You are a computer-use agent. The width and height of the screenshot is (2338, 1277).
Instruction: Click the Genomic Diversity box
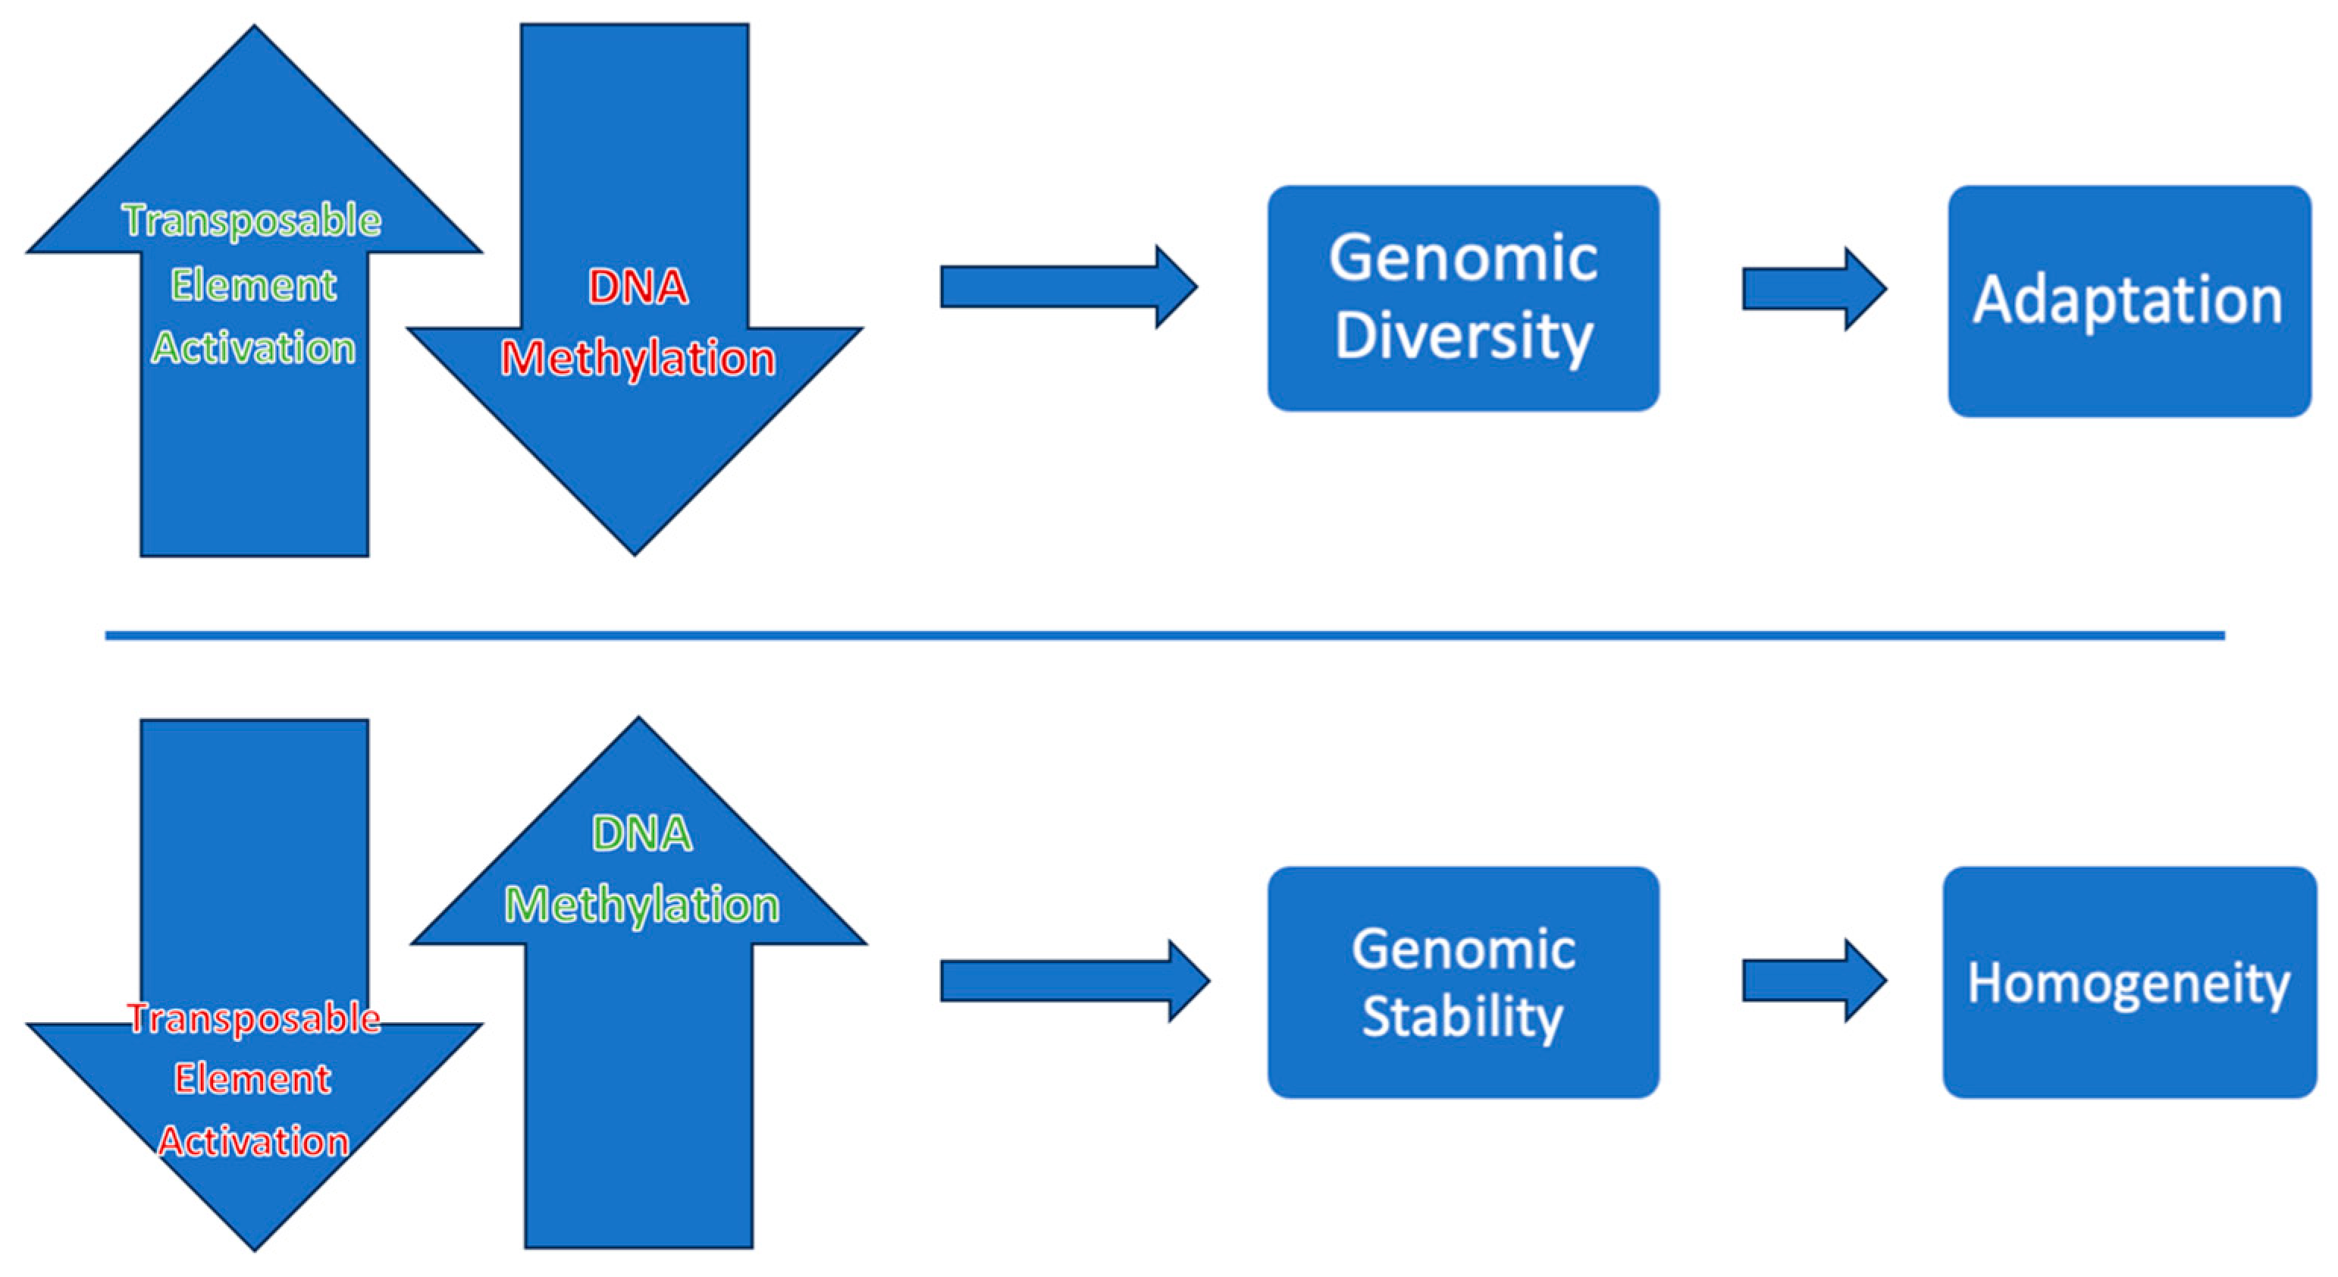pos(1463,298)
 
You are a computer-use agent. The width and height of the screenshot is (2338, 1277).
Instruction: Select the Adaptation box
pos(2128,300)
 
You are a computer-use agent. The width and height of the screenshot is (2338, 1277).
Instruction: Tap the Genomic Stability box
pos(1463,982)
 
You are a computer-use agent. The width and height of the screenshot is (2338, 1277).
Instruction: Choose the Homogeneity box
pos(2128,982)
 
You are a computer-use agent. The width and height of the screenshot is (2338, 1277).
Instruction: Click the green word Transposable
pos(252,221)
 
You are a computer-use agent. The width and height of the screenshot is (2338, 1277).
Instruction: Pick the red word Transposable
pos(253,1018)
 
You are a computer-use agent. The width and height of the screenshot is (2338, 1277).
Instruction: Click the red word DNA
pos(638,287)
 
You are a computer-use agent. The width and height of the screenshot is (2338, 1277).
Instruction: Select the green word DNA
pos(641,833)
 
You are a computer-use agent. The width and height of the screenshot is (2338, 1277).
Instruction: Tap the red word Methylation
pos(638,358)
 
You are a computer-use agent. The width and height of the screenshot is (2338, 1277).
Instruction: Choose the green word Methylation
pos(641,905)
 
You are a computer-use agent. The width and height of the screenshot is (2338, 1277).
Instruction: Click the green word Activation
pos(253,347)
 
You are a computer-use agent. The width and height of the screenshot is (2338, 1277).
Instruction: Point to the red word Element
pos(253,1079)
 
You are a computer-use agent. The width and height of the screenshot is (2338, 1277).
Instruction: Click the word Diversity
pos(1463,336)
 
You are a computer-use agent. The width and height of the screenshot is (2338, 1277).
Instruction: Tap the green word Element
pos(253,285)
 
